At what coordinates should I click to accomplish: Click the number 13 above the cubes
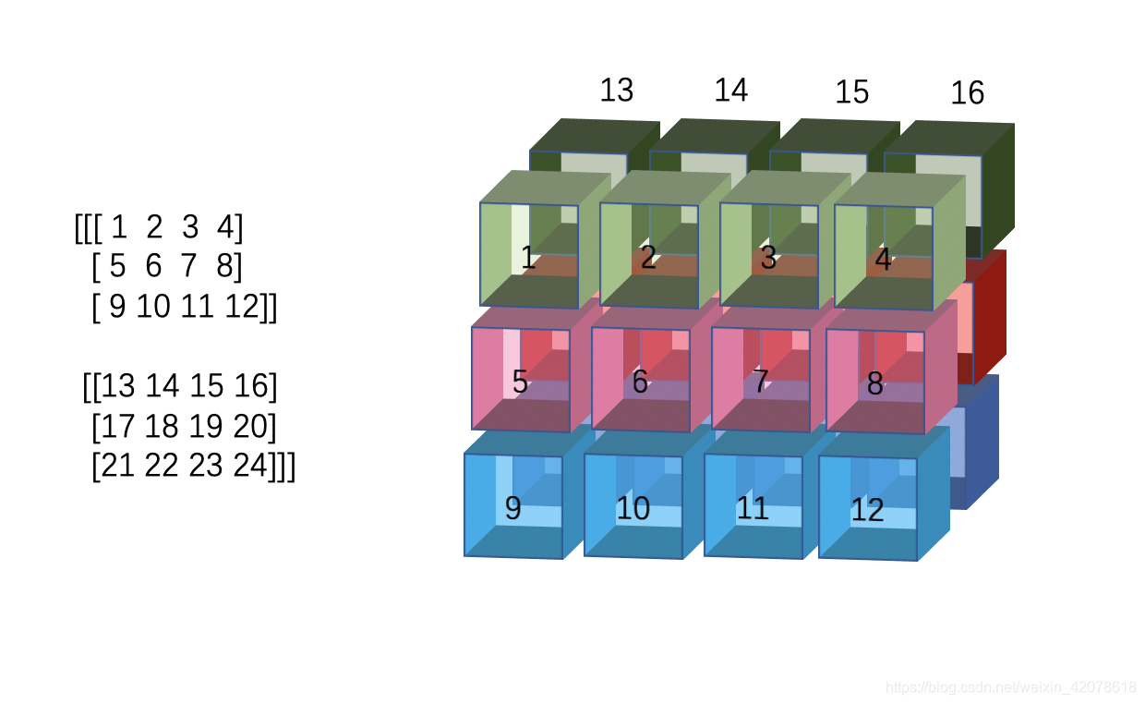(x=617, y=91)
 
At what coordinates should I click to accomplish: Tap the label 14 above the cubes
(x=730, y=91)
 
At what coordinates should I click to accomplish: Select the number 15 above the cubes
(x=851, y=92)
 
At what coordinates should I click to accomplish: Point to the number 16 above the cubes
(x=967, y=93)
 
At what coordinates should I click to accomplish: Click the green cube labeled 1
(x=529, y=256)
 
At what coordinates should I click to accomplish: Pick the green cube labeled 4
(x=884, y=258)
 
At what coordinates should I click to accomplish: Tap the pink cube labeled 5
(x=521, y=380)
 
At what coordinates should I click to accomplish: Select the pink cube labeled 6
(x=641, y=381)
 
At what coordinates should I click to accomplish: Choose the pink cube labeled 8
(x=875, y=382)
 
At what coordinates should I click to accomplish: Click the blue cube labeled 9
(x=513, y=506)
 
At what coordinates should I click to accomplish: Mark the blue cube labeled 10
(x=633, y=507)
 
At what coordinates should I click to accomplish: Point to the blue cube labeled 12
(x=868, y=509)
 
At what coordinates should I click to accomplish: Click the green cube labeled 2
(x=649, y=257)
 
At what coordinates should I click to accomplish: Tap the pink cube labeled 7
(x=761, y=381)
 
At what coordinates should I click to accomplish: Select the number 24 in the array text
(x=249, y=467)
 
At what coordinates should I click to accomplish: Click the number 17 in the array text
(x=116, y=427)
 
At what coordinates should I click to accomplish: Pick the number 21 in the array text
(x=116, y=467)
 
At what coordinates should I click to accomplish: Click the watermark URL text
(x=1010, y=686)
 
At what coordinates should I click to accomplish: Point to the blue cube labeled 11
(x=753, y=507)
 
